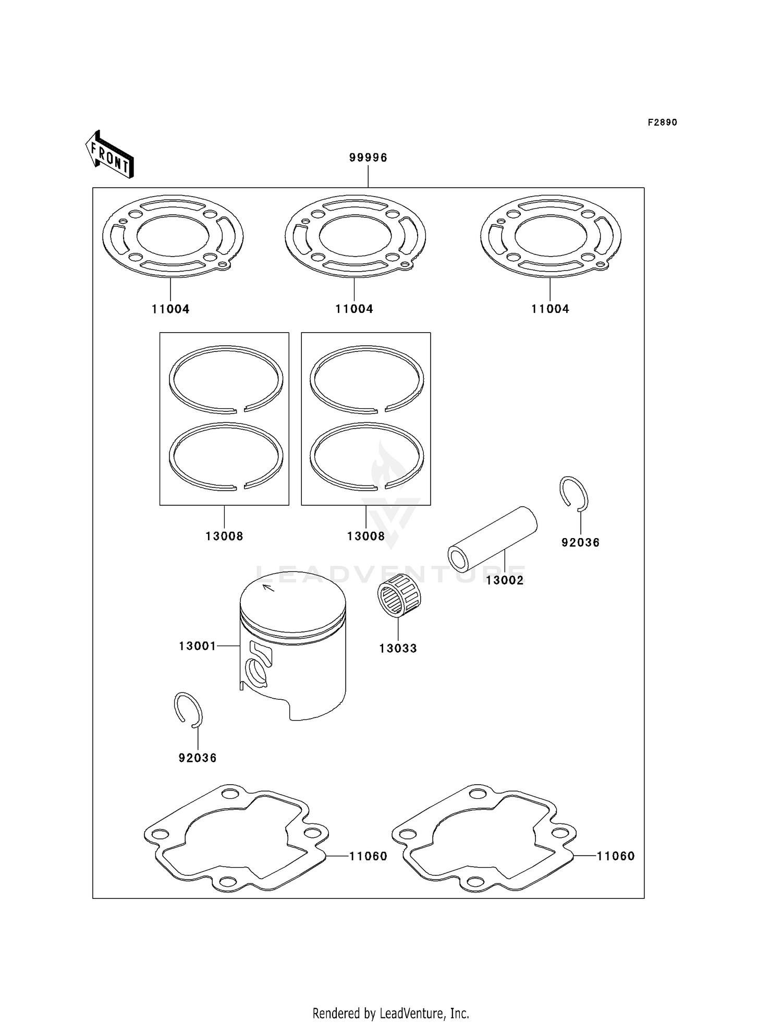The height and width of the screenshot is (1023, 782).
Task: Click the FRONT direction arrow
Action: (x=110, y=155)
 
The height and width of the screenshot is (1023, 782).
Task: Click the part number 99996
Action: (x=368, y=157)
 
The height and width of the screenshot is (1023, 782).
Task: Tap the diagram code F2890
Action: (x=662, y=123)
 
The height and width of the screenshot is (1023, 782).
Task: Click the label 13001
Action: (x=197, y=646)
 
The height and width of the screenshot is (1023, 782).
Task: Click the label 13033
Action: (x=398, y=649)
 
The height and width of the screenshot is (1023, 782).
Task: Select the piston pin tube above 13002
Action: (x=493, y=539)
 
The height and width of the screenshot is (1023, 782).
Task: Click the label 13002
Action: (x=505, y=580)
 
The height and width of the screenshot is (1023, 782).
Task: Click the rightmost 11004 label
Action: (x=550, y=309)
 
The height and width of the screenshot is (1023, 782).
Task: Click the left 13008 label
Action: (x=224, y=536)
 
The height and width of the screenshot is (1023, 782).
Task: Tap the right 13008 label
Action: (x=366, y=536)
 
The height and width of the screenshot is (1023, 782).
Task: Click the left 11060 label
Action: (x=368, y=856)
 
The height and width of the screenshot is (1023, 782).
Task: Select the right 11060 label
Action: (x=616, y=856)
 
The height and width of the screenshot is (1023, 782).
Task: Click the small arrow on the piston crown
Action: (x=268, y=589)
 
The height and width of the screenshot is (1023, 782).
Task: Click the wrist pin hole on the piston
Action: (x=256, y=672)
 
